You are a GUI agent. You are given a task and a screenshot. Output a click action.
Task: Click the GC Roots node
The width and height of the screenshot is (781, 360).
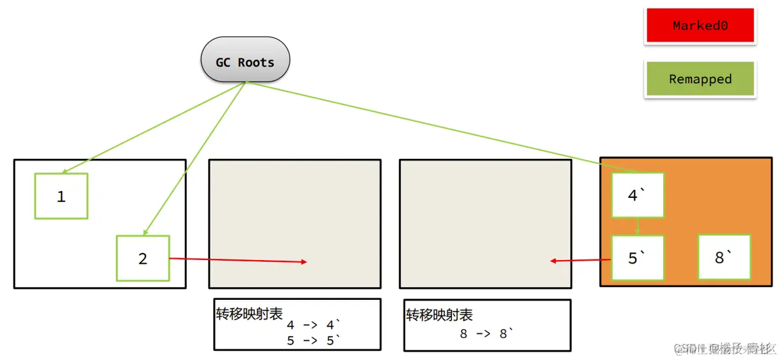pyautogui.click(x=245, y=61)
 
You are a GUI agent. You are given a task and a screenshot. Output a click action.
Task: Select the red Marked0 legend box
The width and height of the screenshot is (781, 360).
pyautogui.click(x=700, y=26)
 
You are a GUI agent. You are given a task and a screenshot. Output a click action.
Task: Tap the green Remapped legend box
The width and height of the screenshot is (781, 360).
pyautogui.click(x=700, y=79)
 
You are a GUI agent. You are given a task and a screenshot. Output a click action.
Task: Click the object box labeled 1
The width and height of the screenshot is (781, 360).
pyautogui.click(x=61, y=196)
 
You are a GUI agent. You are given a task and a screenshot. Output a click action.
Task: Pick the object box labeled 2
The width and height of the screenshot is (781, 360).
pyautogui.click(x=143, y=258)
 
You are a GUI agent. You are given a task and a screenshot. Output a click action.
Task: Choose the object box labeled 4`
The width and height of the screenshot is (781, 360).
pyautogui.click(x=638, y=195)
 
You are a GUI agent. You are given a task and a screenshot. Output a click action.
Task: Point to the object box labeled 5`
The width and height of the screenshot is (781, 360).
pyautogui.click(x=638, y=258)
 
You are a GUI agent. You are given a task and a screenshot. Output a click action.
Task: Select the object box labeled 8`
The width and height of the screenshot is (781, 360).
pyautogui.click(x=724, y=257)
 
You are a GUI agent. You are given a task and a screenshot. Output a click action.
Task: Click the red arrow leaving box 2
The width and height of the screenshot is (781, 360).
pyautogui.click(x=237, y=260)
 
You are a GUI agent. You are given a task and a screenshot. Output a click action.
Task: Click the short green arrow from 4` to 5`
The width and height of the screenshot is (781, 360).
pyautogui.click(x=638, y=227)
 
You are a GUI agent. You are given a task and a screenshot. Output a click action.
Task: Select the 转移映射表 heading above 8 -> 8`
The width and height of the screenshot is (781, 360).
pyautogui.click(x=439, y=315)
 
